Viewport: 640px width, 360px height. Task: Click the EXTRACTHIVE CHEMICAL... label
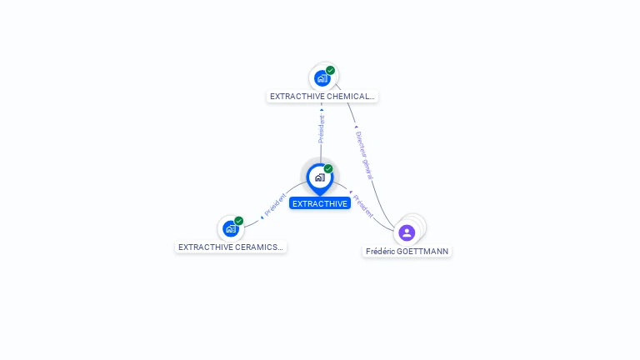click(x=322, y=96)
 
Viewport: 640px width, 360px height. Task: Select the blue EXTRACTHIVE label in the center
click(x=320, y=203)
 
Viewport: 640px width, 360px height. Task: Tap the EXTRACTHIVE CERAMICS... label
click(x=231, y=247)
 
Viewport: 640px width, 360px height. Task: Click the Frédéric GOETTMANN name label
click(x=407, y=251)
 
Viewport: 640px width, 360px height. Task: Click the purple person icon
click(x=407, y=232)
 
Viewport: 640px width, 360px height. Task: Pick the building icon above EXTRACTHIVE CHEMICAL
click(x=322, y=79)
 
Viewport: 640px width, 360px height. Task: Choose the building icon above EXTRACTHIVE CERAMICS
click(x=230, y=228)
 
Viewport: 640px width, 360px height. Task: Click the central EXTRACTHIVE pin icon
click(x=319, y=177)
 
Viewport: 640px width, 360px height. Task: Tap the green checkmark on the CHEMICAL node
click(x=331, y=71)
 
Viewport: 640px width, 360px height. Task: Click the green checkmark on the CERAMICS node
click(x=239, y=221)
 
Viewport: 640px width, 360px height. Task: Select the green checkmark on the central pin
click(x=328, y=169)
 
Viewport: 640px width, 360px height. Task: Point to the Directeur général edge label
click(x=364, y=155)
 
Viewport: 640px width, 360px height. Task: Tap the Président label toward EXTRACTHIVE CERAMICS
click(x=275, y=205)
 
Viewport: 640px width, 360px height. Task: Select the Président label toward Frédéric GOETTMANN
click(x=362, y=206)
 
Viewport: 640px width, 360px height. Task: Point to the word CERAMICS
click(x=254, y=247)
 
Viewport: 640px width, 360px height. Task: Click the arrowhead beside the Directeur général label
click(x=356, y=127)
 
